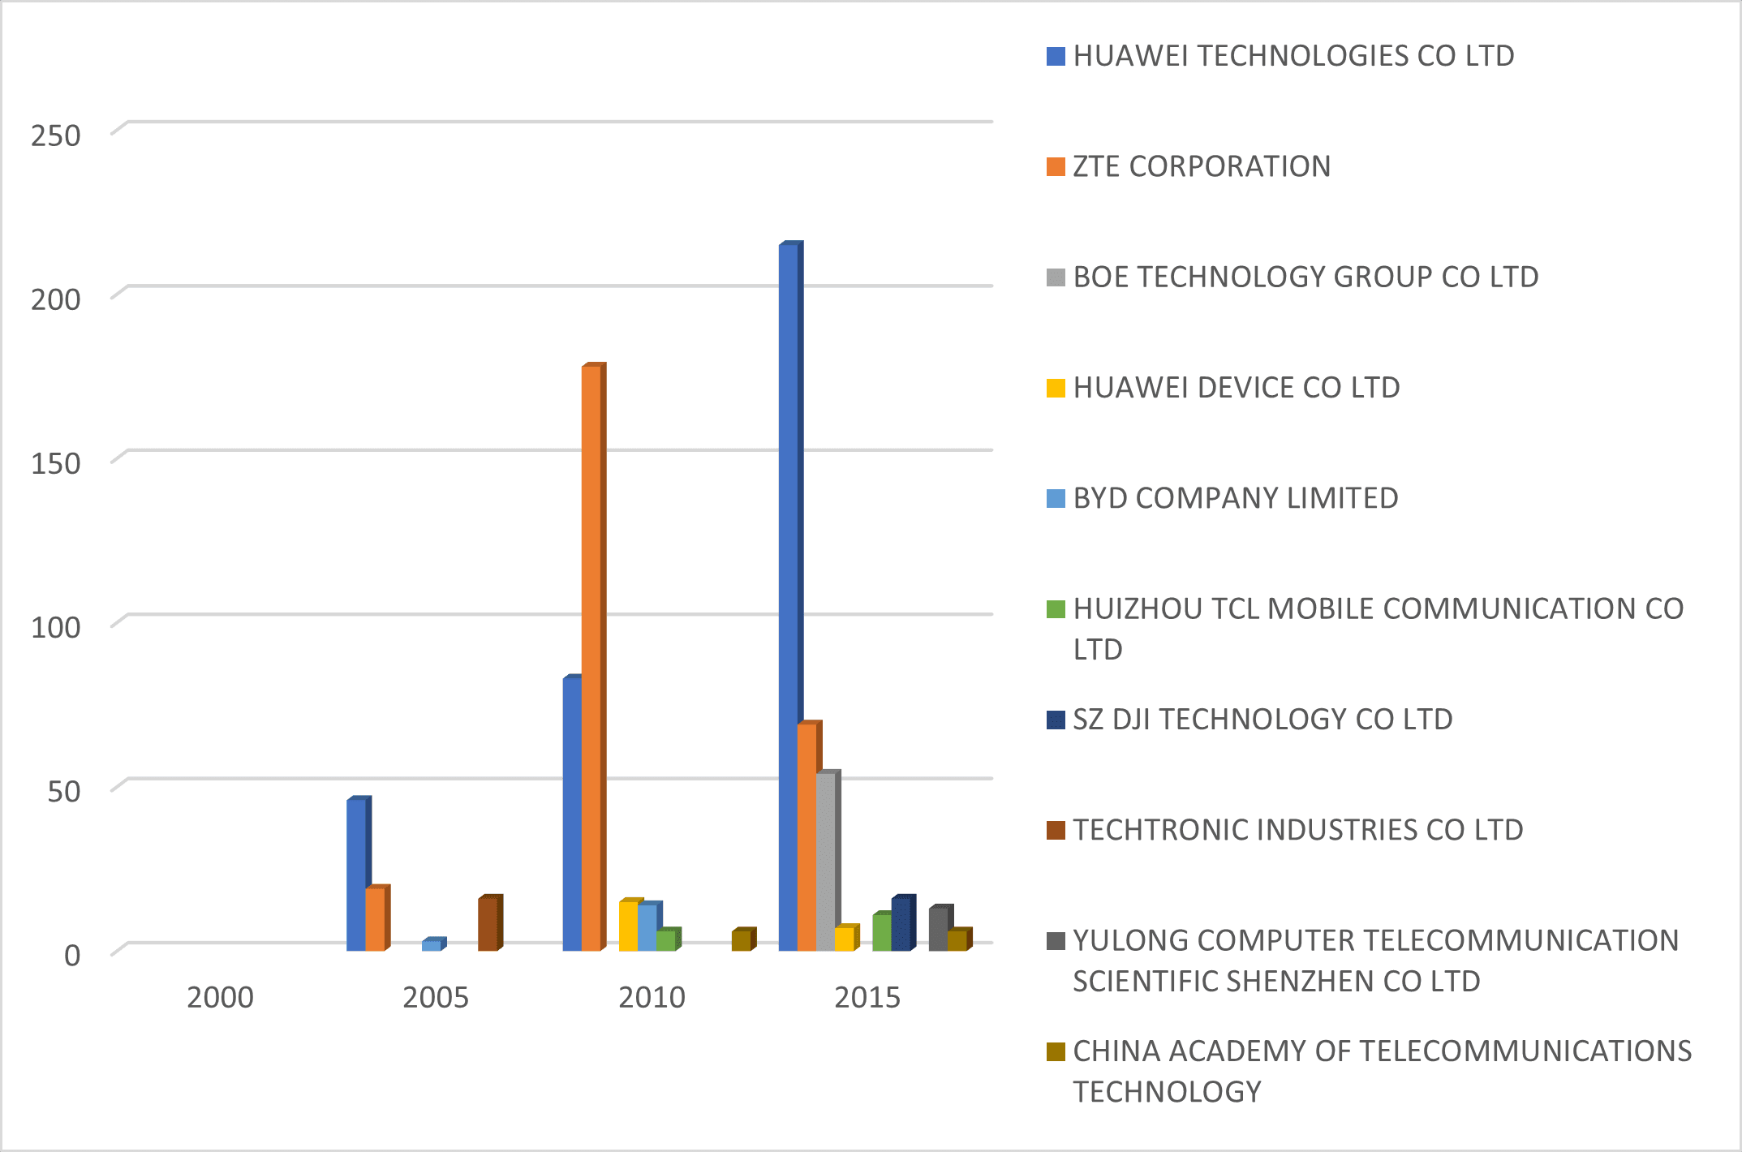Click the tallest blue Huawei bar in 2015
[x=789, y=596]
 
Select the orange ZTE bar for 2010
[x=591, y=657]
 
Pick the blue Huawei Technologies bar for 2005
[x=356, y=875]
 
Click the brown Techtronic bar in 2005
[x=488, y=924]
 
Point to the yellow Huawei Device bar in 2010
[x=629, y=926]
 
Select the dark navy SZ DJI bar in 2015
[x=901, y=924]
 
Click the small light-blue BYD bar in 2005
[x=432, y=945]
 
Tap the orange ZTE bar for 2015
[x=807, y=836]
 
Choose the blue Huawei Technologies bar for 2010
[x=572, y=814]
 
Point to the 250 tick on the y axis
[x=56, y=136]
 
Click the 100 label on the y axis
[x=56, y=627]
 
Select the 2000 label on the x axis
[x=220, y=997]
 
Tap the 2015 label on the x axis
[x=867, y=997]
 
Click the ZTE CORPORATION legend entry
[x=1201, y=166]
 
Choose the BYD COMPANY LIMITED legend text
[x=1235, y=498]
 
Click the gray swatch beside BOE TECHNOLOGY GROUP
[x=1056, y=277]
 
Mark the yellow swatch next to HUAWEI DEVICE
[x=1056, y=388]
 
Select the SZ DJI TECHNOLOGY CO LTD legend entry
[x=1262, y=720]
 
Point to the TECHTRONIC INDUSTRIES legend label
[x=1297, y=830]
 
